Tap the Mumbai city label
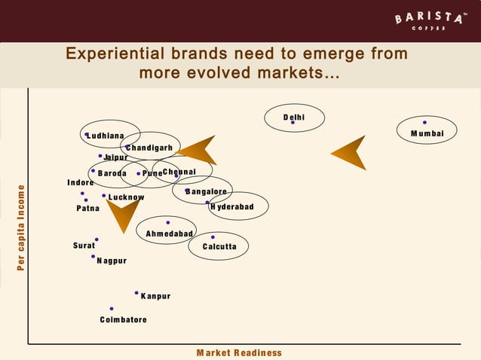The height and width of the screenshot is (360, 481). [427, 134]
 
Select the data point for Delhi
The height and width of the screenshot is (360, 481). [293, 123]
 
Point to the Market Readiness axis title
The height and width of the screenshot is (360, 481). [239, 352]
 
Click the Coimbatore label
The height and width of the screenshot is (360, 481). [123, 320]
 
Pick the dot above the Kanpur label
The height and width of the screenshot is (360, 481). [136, 292]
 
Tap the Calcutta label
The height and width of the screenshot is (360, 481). [219, 247]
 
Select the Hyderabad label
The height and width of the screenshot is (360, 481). [231, 207]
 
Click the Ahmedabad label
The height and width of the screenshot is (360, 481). [169, 234]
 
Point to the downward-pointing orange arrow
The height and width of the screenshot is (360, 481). [121, 214]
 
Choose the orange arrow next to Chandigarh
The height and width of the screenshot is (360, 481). [198, 150]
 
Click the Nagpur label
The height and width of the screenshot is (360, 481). [112, 261]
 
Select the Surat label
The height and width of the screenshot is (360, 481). [84, 246]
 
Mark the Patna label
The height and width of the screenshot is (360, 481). [87, 209]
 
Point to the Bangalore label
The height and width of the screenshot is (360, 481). [206, 192]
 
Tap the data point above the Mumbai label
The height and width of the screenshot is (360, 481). [424, 122]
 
